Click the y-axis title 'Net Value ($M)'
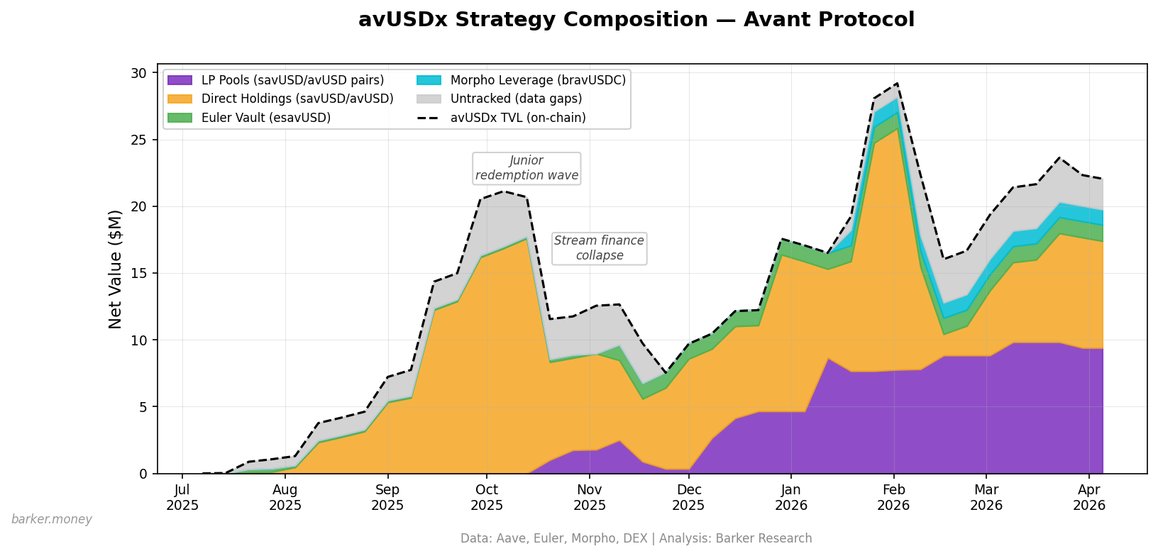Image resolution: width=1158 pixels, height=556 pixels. click(x=116, y=269)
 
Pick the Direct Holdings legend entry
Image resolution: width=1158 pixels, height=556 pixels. click(x=297, y=99)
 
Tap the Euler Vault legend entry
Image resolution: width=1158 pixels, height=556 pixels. click(x=266, y=118)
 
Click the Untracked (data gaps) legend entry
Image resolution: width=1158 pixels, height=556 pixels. click(x=516, y=99)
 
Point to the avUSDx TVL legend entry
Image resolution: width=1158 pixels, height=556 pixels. click(x=518, y=118)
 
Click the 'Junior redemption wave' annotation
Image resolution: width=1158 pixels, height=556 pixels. click(x=526, y=168)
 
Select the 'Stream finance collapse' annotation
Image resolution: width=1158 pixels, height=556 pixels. click(x=599, y=248)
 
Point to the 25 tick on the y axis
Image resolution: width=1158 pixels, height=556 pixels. click(x=140, y=140)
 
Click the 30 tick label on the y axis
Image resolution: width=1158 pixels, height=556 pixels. click(x=140, y=73)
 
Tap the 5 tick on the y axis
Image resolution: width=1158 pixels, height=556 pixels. click(x=143, y=407)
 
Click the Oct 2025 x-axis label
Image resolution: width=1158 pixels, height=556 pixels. click(x=487, y=497)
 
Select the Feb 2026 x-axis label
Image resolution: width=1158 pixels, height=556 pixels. click(x=894, y=497)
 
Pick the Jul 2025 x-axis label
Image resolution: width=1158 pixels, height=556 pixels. click(x=182, y=497)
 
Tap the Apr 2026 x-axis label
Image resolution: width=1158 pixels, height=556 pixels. click(x=1089, y=497)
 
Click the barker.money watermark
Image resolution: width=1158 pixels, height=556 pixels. click(x=52, y=519)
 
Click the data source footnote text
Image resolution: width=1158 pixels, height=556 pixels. click(x=636, y=538)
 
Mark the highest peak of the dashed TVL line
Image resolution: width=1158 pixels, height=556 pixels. click(x=897, y=84)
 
